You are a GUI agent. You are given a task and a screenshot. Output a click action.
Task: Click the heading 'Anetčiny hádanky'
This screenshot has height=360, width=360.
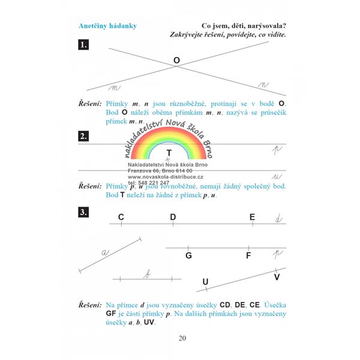click(x=107, y=26)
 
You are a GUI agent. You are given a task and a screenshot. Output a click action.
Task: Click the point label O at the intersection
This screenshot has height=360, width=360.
click(x=176, y=61)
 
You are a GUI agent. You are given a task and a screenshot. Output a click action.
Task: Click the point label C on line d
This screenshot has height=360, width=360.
click(x=121, y=217)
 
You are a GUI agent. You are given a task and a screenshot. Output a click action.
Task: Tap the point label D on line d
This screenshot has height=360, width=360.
click(x=173, y=217)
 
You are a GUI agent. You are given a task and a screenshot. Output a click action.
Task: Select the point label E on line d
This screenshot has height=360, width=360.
click(x=252, y=217)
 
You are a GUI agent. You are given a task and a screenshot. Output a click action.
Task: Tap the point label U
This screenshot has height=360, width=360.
click(x=205, y=281)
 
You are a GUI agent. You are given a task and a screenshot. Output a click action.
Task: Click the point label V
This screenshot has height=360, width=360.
click(x=277, y=277)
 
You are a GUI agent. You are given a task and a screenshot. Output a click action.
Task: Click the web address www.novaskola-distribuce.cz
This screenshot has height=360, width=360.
click(x=166, y=177)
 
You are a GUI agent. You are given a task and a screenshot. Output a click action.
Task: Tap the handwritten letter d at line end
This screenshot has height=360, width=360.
click(x=278, y=218)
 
